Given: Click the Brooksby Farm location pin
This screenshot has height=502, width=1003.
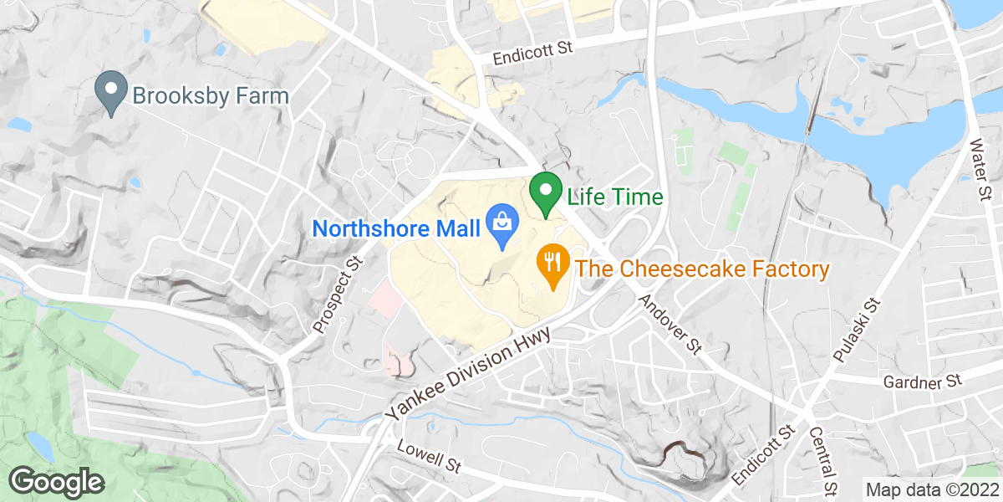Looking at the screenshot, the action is [110, 93].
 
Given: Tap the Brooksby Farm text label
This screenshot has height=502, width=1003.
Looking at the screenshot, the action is [211, 95].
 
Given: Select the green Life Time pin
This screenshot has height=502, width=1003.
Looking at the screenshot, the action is [546, 193].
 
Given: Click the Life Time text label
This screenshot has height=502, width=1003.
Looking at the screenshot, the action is [614, 197].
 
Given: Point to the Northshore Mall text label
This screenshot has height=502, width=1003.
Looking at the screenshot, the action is [396, 228].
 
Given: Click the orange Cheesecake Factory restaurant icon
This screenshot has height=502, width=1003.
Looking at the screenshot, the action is [552, 266].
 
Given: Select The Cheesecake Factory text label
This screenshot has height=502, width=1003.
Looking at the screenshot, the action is [700, 269].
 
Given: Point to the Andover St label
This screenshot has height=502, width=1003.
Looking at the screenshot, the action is [669, 323].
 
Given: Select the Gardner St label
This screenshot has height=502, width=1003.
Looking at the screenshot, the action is [923, 382].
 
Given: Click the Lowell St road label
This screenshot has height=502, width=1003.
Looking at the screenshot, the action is [430, 457].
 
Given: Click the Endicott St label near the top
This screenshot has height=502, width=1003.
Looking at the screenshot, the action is [532, 54].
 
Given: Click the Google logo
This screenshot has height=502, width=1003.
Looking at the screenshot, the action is [57, 482].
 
